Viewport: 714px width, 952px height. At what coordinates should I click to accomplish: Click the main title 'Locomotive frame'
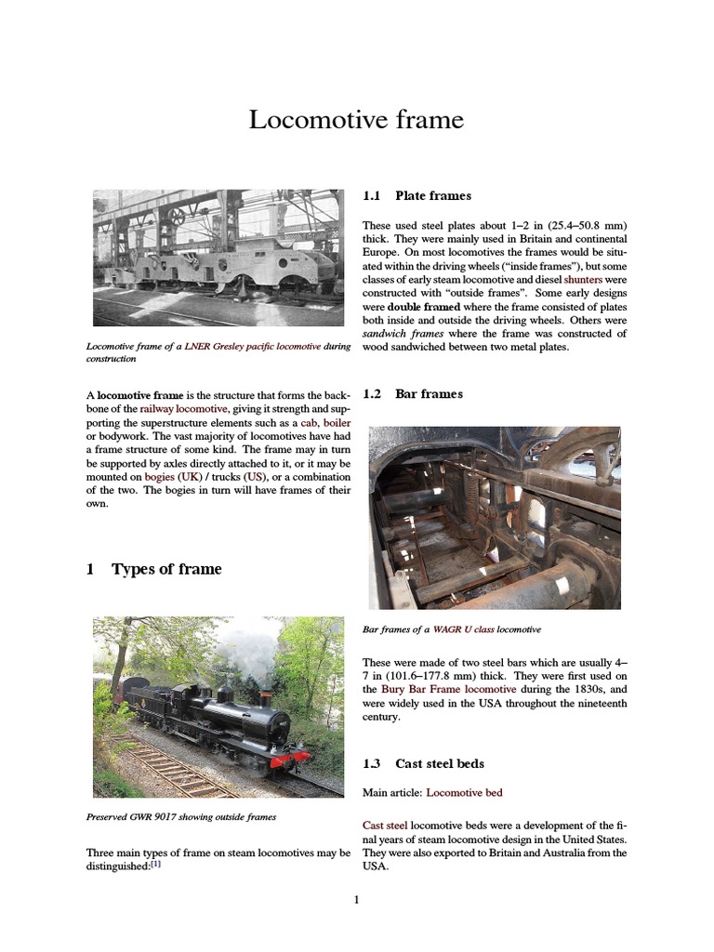[x=356, y=120]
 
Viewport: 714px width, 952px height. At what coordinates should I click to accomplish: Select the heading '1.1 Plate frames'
[x=416, y=196]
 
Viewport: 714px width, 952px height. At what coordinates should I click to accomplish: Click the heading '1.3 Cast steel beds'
[x=423, y=763]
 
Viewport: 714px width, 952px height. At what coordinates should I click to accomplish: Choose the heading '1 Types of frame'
[x=154, y=569]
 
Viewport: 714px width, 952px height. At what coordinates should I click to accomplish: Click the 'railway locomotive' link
[x=183, y=409]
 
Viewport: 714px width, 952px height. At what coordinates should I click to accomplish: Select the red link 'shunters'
[x=583, y=279]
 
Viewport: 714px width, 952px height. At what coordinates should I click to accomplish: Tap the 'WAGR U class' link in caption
[x=463, y=629]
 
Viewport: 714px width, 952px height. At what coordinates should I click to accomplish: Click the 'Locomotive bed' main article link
[x=464, y=793]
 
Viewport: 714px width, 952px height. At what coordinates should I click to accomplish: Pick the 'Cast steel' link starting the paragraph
[x=384, y=826]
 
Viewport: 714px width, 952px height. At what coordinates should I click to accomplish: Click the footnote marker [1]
[x=156, y=864]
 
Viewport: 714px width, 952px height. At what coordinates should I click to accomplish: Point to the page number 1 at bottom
[x=356, y=899]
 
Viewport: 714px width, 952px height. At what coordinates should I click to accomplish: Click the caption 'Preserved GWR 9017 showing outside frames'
[x=180, y=817]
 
